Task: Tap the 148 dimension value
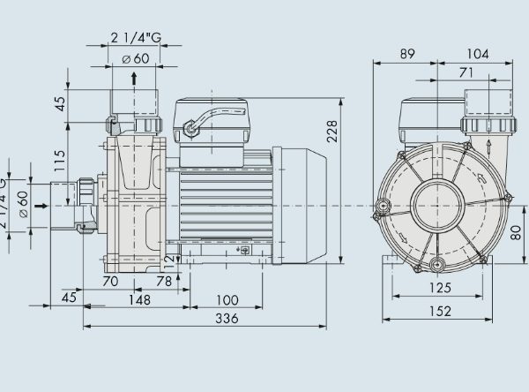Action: (x=138, y=299)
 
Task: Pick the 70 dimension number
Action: (x=111, y=281)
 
